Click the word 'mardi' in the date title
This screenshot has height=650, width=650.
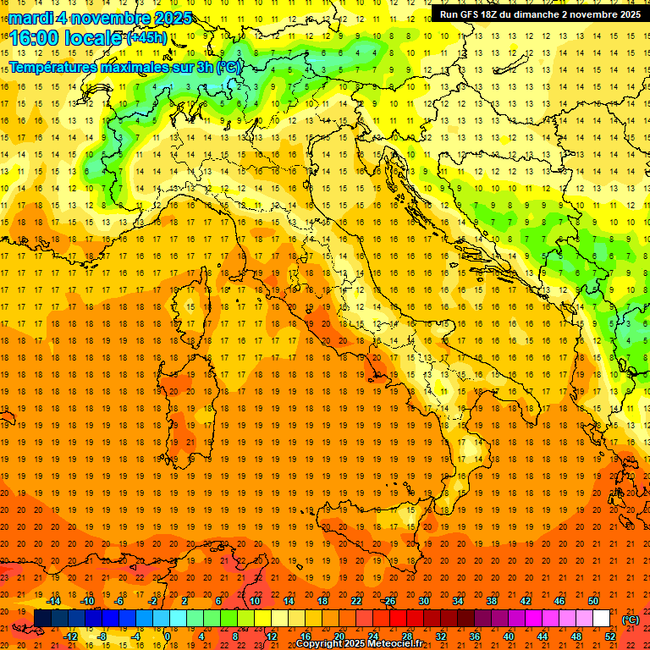(x=30, y=18)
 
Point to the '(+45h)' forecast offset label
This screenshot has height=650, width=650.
(x=146, y=38)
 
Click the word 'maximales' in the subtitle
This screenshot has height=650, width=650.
(x=129, y=67)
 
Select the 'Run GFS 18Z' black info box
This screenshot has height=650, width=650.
(x=537, y=14)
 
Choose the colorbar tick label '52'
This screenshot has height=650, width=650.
(x=609, y=636)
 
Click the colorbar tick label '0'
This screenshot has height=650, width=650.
(x=168, y=636)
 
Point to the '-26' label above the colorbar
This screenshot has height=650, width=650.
(x=388, y=601)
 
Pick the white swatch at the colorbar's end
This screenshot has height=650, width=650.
(x=601, y=619)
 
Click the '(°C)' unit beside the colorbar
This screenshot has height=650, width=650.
(x=631, y=619)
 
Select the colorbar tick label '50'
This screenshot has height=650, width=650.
(x=593, y=601)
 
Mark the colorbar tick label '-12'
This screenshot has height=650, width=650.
(x=70, y=636)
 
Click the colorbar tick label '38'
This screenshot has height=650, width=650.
(x=492, y=601)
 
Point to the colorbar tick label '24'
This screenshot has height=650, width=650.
(x=372, y=636)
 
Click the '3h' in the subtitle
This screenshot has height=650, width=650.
(x=204, y=67)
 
